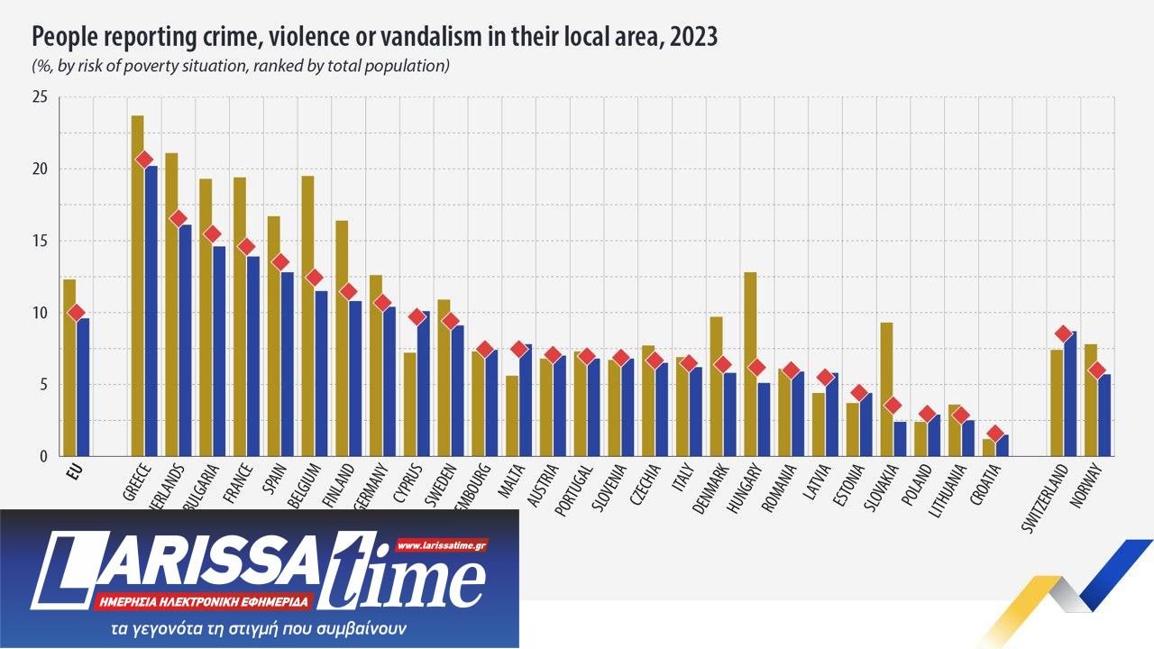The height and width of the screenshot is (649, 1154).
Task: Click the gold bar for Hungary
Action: click(x=750, y=364)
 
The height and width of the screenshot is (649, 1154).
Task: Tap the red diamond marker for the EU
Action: click(x=76, y=313)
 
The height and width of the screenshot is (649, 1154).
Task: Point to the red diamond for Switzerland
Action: click(x=1063, y=334)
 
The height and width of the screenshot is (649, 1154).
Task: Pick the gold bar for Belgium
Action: click(x=307, y=315)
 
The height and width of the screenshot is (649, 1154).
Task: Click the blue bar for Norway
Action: click(x=1104, y=415)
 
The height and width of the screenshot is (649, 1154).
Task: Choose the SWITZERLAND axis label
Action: click(x=1047, y=496)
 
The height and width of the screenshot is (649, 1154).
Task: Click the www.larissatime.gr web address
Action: click(x=441, y=545)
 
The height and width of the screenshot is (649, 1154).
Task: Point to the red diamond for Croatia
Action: click(x=995, y=434)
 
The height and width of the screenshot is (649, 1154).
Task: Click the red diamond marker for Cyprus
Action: click(x=417, y=316)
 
